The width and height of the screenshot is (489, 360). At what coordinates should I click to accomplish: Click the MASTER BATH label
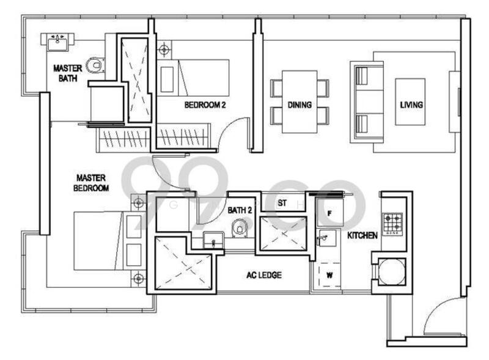(68, 73)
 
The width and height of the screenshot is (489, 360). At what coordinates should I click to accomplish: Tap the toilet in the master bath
(95, 65)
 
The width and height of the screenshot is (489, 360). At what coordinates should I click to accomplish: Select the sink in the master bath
(57, 42)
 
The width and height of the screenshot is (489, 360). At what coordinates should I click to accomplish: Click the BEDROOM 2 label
(205, 105)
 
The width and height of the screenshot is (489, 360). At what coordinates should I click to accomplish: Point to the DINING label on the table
(300, 105)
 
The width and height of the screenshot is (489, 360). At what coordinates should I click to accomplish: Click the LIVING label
(411, 105)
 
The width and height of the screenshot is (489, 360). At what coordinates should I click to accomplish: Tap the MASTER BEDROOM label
(91, 183)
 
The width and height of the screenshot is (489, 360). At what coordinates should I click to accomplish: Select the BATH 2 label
(240, 210)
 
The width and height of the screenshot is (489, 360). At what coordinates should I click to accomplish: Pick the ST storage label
(282, 203)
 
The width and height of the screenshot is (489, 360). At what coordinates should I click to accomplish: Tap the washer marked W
(329, 275)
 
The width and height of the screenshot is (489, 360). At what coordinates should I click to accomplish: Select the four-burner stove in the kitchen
(392, 224)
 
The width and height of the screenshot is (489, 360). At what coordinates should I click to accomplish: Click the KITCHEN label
(362, 235)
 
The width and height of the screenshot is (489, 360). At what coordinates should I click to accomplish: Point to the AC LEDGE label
(264, 275)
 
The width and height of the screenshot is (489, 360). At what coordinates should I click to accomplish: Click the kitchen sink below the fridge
(326, 238)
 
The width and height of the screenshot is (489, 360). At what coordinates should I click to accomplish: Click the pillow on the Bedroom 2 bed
(167, 79)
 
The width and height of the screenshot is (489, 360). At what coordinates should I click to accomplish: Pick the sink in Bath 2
(213, 240)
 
